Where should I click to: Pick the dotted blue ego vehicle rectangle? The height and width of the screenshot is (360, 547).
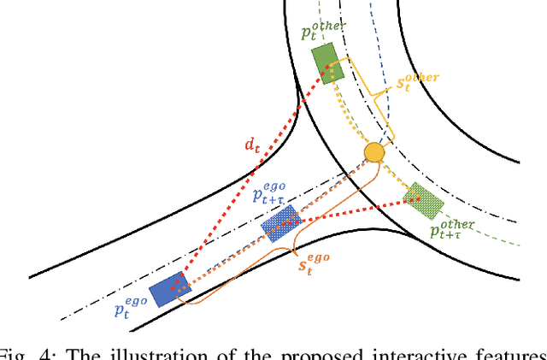pyautogui.click(x=279, y=222)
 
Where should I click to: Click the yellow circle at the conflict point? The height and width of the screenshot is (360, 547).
pyautogui.click(x=373, y=153)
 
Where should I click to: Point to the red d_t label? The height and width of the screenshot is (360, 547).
pyautogui.click(x=252, y=145)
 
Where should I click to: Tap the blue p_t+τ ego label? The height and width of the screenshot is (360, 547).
pyautogui.click(x=274, y=191)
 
